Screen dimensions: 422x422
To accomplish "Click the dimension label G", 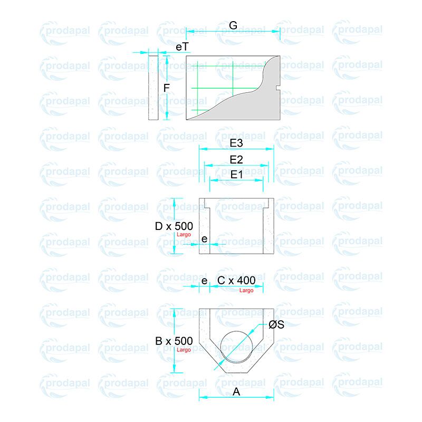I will point(233,25).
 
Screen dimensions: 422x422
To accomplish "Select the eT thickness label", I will point(182,47).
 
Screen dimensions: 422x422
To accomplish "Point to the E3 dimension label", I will point(236,143).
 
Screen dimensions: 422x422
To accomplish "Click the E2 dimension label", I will point(236,159).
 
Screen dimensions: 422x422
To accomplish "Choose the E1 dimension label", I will point(236,174).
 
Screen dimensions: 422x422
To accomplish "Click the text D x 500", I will point(174,226).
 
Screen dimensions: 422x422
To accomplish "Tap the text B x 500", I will point(174,341).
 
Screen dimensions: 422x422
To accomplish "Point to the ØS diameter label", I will point(276,325).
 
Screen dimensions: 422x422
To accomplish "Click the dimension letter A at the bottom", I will point(236,391).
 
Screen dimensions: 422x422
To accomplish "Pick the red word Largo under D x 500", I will point(184,235).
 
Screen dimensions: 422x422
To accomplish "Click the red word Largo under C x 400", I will point(246,290).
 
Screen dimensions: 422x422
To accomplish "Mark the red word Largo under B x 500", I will point(184,350).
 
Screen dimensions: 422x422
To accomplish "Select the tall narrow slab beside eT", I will point(154,88).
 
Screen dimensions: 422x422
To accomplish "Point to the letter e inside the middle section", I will point(204,239).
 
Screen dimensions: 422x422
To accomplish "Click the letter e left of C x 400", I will point(204,280).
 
